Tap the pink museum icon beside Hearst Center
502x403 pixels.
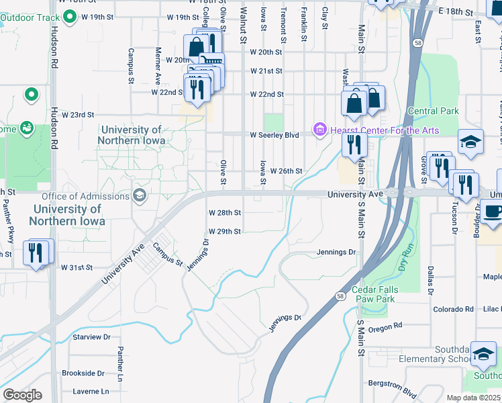319,129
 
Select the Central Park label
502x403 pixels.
433,111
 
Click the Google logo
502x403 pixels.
22,394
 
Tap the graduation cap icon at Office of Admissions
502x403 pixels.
140,196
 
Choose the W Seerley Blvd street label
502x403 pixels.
274,135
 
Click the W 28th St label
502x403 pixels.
224,212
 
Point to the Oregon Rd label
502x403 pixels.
385,326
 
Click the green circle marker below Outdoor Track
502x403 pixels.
31,95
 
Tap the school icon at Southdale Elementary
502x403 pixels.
483,357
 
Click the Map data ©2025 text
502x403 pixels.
473,398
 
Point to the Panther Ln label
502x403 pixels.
121,361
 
